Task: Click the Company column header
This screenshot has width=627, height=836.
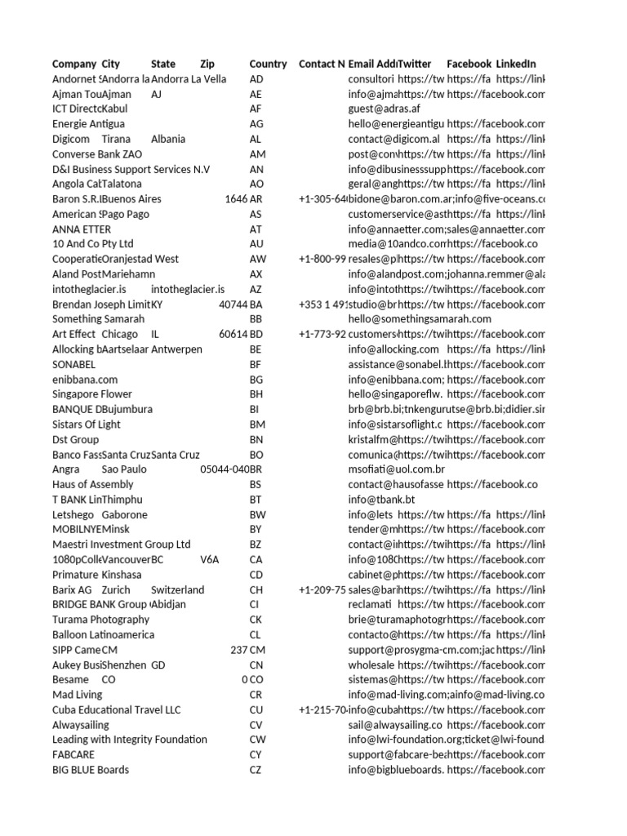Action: click(74, 64)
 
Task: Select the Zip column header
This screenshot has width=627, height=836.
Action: click(207, 64)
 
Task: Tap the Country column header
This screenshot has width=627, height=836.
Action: click(268, 64)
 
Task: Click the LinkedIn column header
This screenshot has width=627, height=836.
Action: click(516, 64)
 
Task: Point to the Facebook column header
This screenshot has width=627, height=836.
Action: click(469, 64)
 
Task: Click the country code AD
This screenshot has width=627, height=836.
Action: click(256, 79)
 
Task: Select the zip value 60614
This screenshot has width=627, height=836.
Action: click(233, 334)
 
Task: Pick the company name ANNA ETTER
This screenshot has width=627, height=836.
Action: click(82, 229)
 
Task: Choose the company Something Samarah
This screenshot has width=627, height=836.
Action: click(98, 319)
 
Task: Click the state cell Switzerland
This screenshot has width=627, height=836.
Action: click(177, 589)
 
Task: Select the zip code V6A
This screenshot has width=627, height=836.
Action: click(210, 559)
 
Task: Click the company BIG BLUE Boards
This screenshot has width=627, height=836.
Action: click(91, 769)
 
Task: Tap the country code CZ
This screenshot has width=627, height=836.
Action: click(256, 769)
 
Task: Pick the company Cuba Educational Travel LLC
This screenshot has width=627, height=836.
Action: click(116, 709)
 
